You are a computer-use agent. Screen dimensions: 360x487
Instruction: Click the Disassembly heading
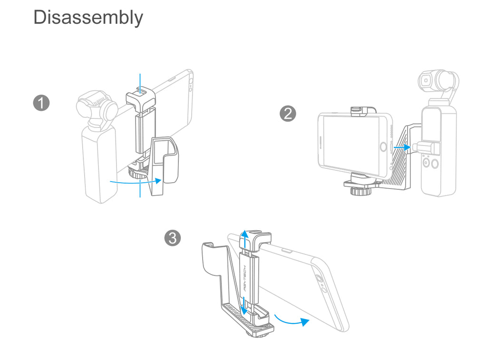click(x=88, y=18)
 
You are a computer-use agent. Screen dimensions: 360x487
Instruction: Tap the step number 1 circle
click(x=41, y=103)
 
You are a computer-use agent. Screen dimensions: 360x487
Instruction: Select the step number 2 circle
click(x=288, y=114)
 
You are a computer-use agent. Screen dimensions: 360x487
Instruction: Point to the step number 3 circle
click(x=172, y=238)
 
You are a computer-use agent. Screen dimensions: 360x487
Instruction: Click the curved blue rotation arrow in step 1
click(x=136, y=182)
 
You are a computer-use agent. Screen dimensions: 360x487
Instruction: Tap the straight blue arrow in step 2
click(x=402, y=147)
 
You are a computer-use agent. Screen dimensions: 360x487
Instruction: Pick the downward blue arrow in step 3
click(x=244, y=304)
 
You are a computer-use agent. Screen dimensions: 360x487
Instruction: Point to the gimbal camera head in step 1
click(x=97, y=108)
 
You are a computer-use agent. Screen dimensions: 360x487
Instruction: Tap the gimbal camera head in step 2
click(x=438, y=82)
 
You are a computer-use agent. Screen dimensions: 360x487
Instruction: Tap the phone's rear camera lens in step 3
click(x=318, y=278)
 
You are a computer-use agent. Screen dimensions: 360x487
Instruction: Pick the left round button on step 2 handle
click(x=427, y=162)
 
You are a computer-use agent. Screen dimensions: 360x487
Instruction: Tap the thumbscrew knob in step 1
click(x=138, y=174)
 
